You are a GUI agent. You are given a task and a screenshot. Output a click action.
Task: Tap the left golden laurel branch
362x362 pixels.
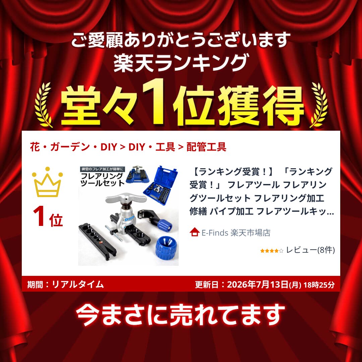(x=43, y=105)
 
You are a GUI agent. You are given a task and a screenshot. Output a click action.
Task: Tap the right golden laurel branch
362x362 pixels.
(x=319, y=105)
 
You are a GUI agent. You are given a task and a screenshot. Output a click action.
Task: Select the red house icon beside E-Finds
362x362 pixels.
(x=194, y=232)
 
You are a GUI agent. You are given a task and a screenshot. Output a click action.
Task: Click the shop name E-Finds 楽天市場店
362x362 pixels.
(x=236, y=233)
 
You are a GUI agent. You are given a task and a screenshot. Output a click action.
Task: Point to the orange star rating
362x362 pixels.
(x=271, y=251)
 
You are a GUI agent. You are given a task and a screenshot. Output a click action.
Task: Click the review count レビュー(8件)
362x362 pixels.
(x=310, y=250)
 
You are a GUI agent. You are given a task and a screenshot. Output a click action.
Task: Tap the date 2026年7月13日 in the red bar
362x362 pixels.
(x=257, y=285)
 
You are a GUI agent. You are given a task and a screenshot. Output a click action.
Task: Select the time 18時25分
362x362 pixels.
(x=319, y=285)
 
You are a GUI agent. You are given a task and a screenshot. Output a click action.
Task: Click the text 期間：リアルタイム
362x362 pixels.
(x=65, y=284)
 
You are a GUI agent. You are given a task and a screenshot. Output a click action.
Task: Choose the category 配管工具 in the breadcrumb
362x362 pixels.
(x=206, y=147)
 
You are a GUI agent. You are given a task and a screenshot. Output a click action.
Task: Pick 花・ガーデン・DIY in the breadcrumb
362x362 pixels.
(x=73, y=147)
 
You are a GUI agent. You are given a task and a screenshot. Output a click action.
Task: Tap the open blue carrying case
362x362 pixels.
(x=161, y=185)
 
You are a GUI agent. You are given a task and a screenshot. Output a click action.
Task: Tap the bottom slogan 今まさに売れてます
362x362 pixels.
(x=180, y=315)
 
